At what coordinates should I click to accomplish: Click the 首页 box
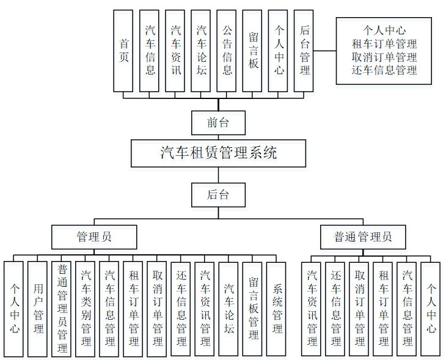(124, 51)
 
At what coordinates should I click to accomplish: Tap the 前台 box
(218, 122)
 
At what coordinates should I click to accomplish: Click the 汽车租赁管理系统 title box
(218, 153)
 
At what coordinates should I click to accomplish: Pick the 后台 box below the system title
(218, 195)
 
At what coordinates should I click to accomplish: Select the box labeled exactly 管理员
(94, 237)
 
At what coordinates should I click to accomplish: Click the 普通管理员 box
(363, 237)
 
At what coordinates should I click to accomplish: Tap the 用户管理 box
(38, 309)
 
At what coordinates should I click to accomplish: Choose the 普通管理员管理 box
(62, 309)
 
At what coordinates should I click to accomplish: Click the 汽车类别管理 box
(86, 309)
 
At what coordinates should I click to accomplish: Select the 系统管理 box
(277, 309)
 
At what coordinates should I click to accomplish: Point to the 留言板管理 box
(253, 309)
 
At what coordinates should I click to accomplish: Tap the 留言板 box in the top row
(253, 51)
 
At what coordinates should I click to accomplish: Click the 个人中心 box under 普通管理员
(431, 309)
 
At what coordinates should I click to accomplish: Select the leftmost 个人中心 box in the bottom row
(14, 309)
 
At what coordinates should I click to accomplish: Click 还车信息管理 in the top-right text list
(384, 70)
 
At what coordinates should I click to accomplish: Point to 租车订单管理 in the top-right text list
(384, 43)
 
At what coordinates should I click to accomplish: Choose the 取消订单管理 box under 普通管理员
(359, 309)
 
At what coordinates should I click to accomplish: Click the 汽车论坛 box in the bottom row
(228, 309)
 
